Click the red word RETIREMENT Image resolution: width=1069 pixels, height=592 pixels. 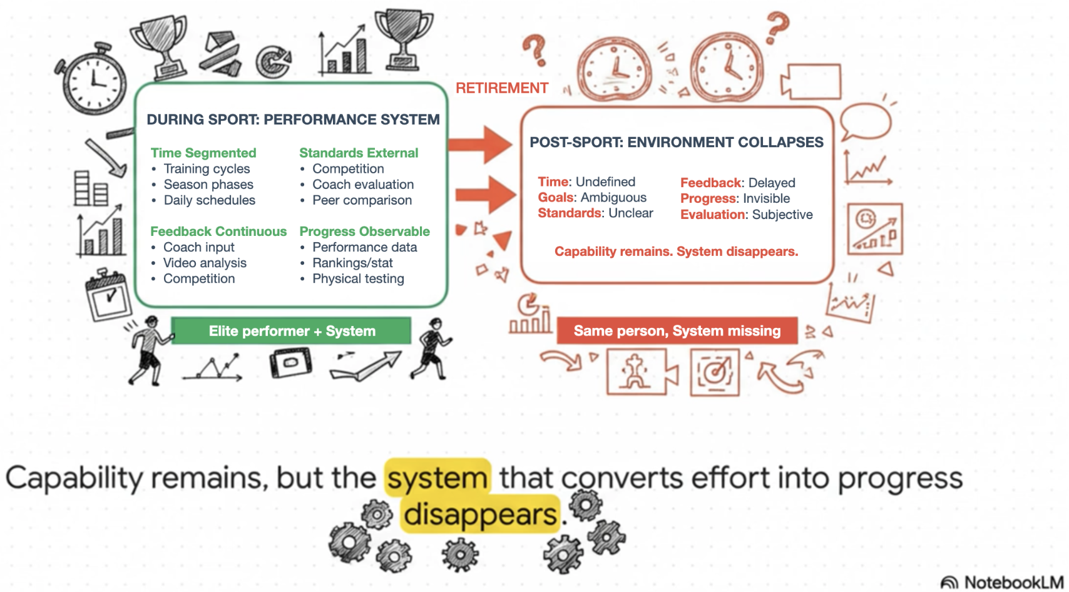click(502, 88)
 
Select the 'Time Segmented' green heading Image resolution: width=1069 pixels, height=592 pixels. click(203, 153)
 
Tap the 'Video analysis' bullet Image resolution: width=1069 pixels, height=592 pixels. click(205, 263)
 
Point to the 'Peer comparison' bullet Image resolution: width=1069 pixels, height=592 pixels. click(362, 201)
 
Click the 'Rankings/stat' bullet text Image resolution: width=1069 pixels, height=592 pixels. click(352, 263)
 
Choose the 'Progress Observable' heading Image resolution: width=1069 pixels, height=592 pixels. click(364, 232)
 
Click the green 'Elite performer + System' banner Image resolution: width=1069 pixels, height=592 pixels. click(292, 331)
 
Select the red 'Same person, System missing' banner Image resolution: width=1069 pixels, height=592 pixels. click(677, 331)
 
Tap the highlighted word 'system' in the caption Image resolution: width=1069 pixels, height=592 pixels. click(437, 479)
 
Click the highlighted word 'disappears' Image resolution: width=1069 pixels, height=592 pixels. click(480, 515)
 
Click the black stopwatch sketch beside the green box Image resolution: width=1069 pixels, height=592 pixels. click(93, 79)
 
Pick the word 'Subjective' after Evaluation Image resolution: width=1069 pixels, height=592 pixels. click(782, 215)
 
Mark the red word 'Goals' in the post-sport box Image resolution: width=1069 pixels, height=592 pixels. click(556, 198)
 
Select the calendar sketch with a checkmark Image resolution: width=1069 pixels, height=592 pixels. click(108, 295)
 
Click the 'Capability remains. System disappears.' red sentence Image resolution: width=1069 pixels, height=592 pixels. click(676, 252)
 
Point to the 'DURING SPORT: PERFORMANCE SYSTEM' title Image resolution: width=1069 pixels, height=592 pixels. click(293, 120)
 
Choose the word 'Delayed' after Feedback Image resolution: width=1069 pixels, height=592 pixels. click(772, 183)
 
